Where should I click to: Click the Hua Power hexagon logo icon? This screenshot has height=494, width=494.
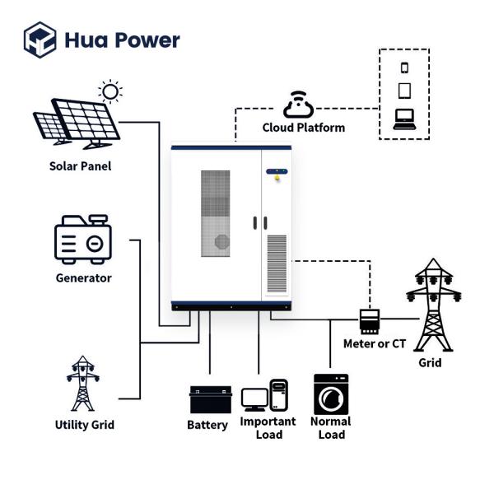[x=39, y=40]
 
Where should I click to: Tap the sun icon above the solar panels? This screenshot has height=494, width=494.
[x=110, y=91]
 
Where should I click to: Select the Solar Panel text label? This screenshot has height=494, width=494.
[x=80, y=166]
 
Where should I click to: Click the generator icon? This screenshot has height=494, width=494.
[x=82, y=240]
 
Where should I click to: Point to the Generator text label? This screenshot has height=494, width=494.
[x=83, y=278]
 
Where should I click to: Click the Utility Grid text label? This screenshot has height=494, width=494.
[x=84, y=425]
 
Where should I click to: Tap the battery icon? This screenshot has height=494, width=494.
[x=207, y=399]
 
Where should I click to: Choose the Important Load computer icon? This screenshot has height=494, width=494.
[x=265, y=397]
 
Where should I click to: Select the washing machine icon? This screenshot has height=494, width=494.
[x=331, y=394]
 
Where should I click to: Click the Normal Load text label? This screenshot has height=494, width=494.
[x=331, y=427]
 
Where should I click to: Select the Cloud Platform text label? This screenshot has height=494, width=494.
[x=304, y=128]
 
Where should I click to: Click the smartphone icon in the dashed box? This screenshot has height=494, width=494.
[x=404, y=68]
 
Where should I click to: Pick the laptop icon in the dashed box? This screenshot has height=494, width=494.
[x=404, y=119]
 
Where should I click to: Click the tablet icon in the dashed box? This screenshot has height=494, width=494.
[x=404, y=91]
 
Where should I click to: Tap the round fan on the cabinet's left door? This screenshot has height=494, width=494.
[x=221, y=241]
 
